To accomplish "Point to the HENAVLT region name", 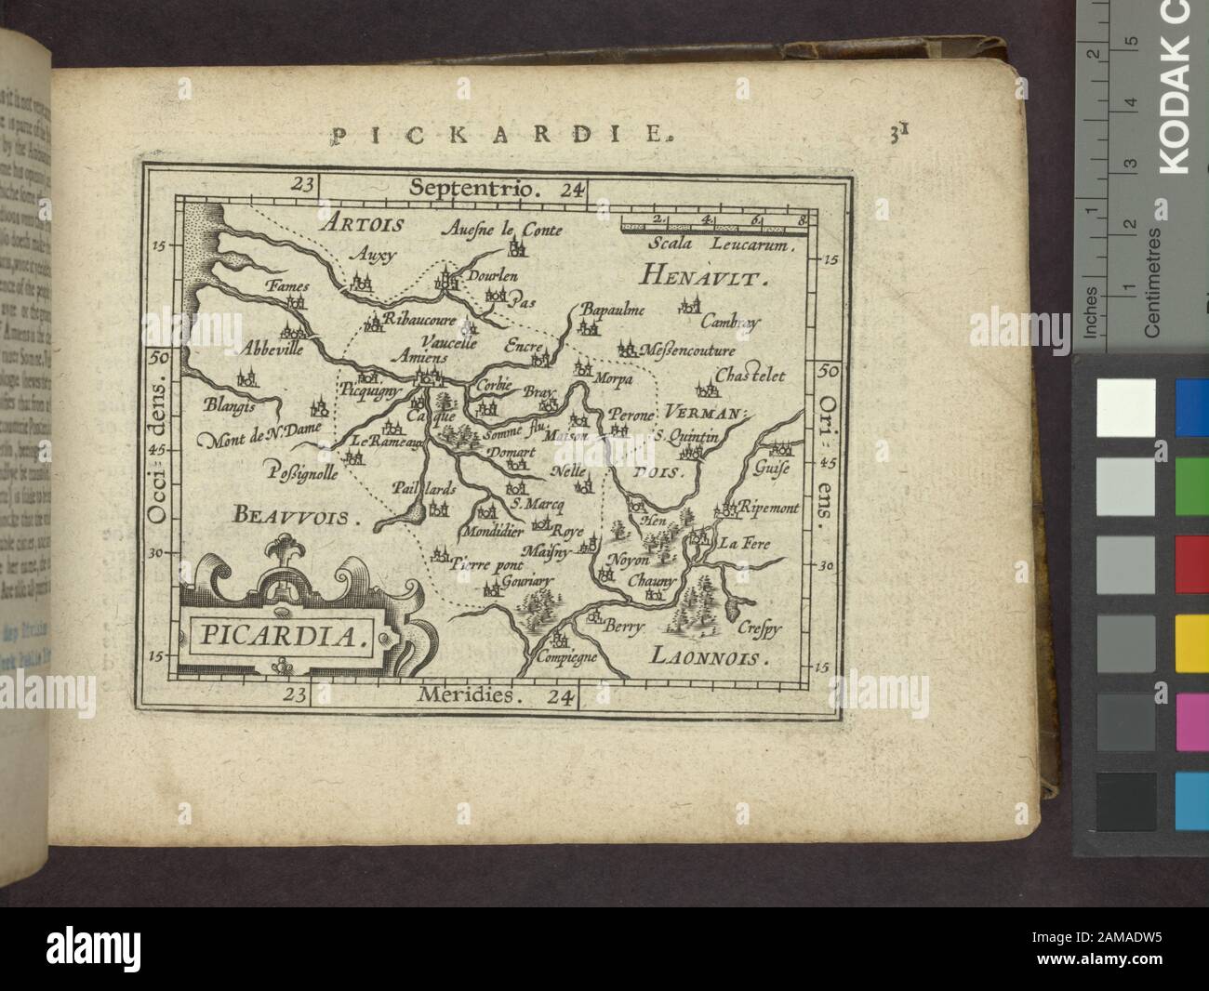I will [703, 277].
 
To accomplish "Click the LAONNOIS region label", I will [718, 658].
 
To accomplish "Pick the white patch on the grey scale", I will [1126, 407].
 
